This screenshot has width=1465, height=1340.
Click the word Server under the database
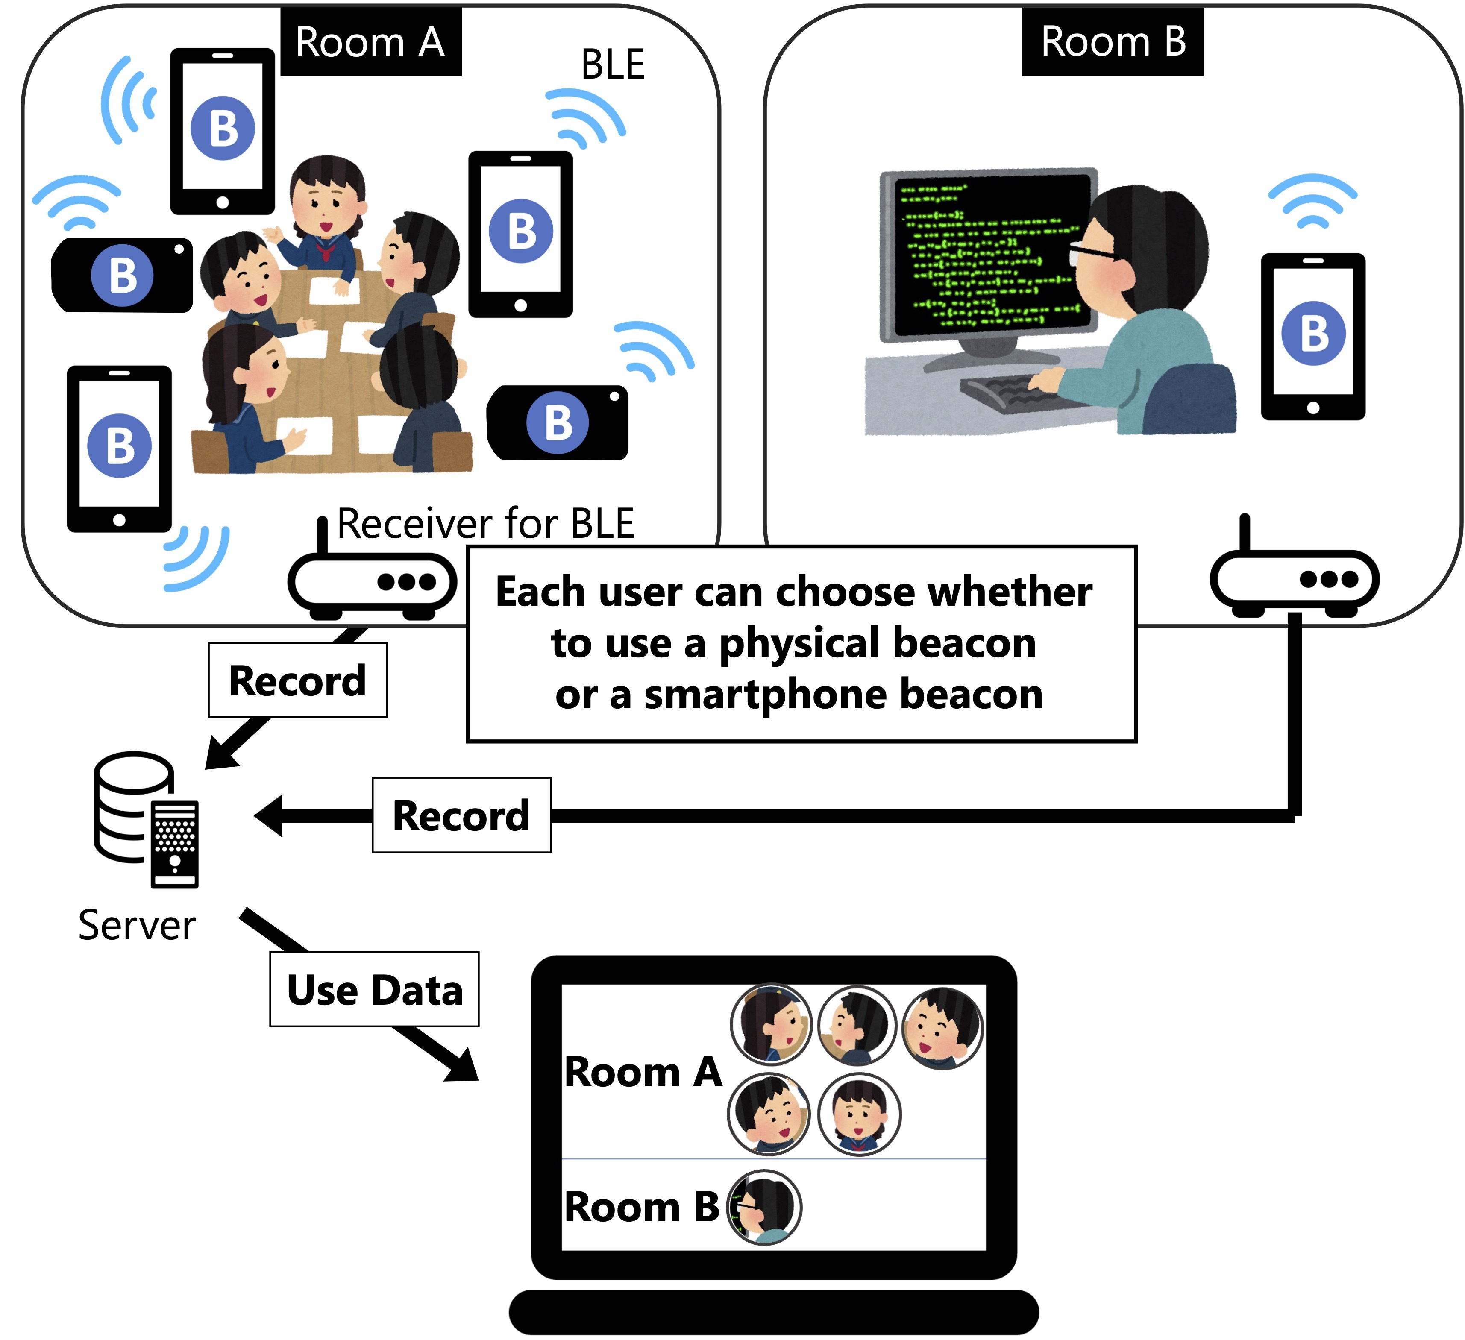pos(137,925)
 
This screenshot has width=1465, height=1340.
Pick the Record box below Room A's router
pos(298,680)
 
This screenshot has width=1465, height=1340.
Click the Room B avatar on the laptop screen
pos(764,1208)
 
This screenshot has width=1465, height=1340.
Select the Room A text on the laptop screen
pos(643,1072)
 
